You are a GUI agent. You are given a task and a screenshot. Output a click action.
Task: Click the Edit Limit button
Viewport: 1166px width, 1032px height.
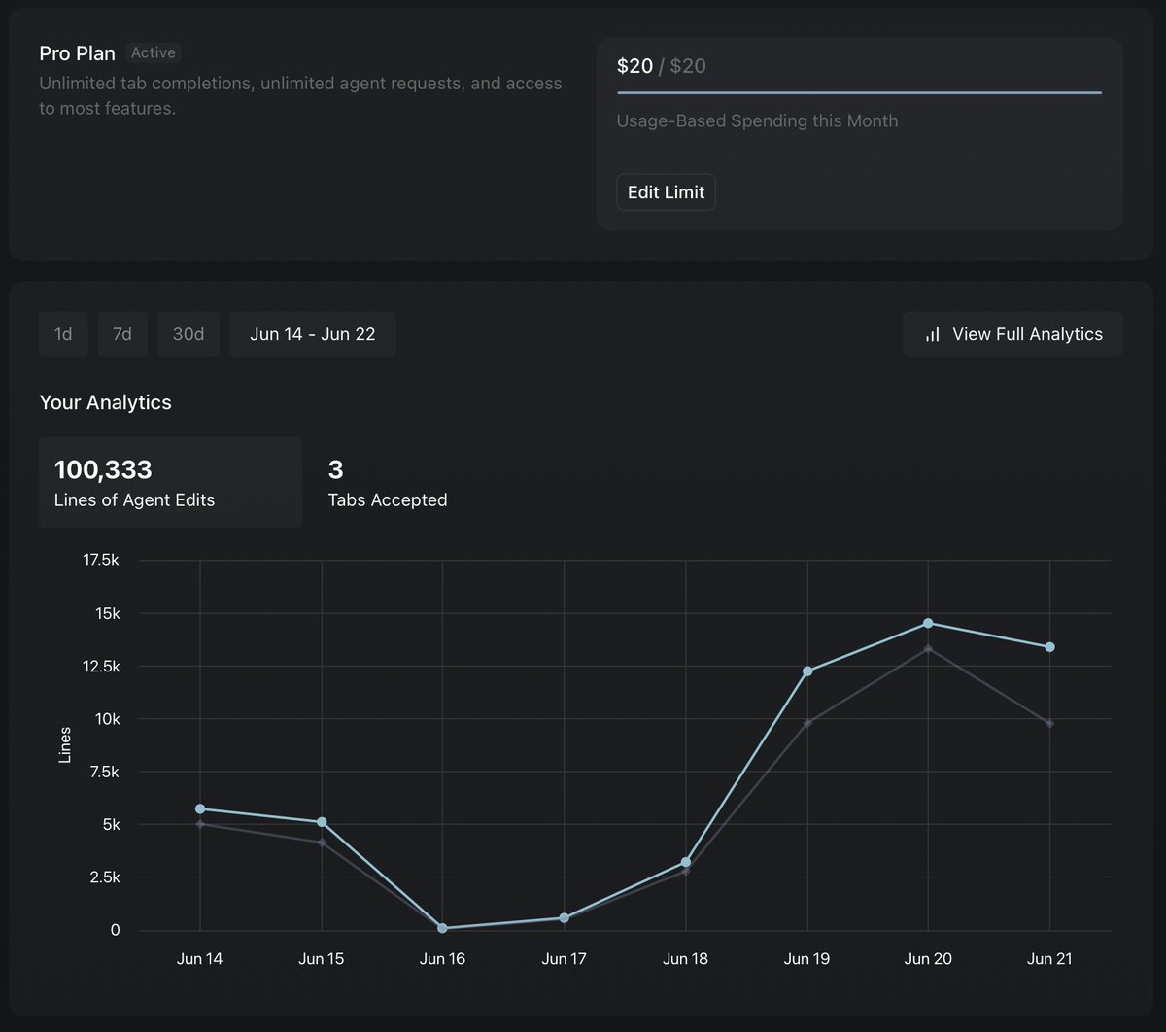[x=666, y=192]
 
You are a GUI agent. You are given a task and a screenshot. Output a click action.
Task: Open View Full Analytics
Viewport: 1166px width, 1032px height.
[x=1012, y=334]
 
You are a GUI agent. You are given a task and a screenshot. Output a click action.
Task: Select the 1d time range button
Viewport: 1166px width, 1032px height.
[x=63, y=334]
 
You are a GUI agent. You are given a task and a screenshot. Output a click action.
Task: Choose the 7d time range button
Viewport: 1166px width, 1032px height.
[x=122, y=334]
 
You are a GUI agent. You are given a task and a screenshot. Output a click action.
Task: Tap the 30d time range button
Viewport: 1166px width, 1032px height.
[x=189, y=334]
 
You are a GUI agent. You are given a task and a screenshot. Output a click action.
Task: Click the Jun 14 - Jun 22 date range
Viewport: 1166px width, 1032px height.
[x=312, y=334]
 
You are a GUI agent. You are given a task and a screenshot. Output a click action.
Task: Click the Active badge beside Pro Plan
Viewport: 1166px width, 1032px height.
[x=154, y=53]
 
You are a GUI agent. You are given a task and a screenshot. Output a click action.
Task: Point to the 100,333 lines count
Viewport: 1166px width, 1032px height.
[x=103, y=470]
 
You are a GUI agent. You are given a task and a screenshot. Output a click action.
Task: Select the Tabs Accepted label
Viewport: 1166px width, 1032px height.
[x=388, y=500]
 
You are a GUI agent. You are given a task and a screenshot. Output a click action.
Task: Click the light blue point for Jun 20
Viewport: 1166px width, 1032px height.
[x=928, y=623]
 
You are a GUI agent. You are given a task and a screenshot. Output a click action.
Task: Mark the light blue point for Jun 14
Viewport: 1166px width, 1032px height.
[x=200, y=808]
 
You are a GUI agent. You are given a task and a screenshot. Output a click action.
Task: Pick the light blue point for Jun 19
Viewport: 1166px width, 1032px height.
[x=807, y=671]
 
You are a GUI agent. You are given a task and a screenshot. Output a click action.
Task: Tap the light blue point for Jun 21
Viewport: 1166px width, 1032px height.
[x=1049, y=647]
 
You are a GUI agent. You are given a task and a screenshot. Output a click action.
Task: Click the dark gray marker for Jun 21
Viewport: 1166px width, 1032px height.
[x=1049, y=724]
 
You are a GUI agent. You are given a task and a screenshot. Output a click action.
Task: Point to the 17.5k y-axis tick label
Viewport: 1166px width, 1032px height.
[x=101, y=561]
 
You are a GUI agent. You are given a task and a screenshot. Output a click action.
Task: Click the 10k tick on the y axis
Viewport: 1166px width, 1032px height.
[x=107, y=719]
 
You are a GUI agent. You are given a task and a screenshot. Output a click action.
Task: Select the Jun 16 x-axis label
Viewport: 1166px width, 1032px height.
[x=442, y=959]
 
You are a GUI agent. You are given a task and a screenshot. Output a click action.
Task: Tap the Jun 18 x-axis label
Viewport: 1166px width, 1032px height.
[x=685, y=959]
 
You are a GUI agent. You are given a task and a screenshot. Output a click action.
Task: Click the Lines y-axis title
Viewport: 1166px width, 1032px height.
[x=65, y=744]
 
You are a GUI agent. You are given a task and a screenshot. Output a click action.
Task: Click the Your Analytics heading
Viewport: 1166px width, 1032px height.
[x=105, y=403]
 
